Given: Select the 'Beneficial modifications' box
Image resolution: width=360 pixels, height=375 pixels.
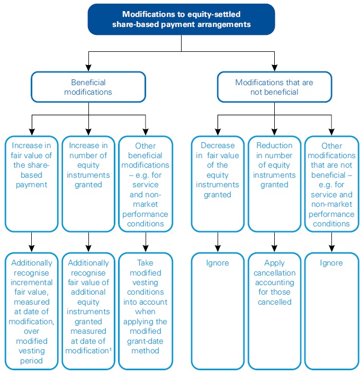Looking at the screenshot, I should tap(88, 87).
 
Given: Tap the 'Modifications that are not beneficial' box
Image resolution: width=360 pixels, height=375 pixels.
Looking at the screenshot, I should tap(274, 87).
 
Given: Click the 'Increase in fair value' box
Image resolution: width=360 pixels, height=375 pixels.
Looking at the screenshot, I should tap(31, 184).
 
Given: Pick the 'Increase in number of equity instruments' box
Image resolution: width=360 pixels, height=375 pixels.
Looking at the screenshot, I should tap(88, 184).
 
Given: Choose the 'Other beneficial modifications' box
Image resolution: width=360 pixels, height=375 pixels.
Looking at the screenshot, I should tap(145, 184).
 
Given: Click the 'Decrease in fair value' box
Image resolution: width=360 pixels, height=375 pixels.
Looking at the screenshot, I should tap(218, 184).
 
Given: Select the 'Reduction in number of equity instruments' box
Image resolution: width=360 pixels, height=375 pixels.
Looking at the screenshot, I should tap(274, 184).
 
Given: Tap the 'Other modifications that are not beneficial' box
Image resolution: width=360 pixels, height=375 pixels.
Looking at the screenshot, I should tap(331, 184).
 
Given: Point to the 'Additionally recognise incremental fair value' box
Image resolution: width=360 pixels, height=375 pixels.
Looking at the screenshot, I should tap(31, 311).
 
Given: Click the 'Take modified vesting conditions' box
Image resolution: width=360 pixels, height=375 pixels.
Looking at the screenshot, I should tap(145, 311).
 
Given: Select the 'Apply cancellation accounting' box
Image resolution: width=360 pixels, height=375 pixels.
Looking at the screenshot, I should tap(274, 311).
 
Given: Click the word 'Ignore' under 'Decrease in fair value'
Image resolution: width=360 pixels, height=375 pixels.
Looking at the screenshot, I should tap(218, 263).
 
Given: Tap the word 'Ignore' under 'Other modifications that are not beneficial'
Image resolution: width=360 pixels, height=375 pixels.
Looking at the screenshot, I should tap(331, 263).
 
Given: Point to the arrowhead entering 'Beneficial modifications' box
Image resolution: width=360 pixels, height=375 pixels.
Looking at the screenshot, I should tap(88, 68).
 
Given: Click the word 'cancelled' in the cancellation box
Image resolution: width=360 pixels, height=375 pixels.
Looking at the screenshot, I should tap(274, 302).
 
